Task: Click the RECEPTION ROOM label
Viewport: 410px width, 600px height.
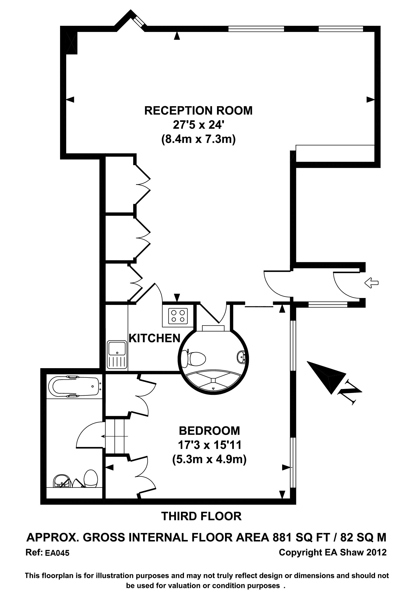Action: click(x=198, y=110)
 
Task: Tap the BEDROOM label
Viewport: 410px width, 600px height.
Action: click(x=209, y=431)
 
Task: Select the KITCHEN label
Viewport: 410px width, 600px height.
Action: click(x=155, y=338)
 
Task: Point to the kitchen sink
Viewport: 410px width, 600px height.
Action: click(x=117, y=355)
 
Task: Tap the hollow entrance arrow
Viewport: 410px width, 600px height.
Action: click(x=371, y=283)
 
